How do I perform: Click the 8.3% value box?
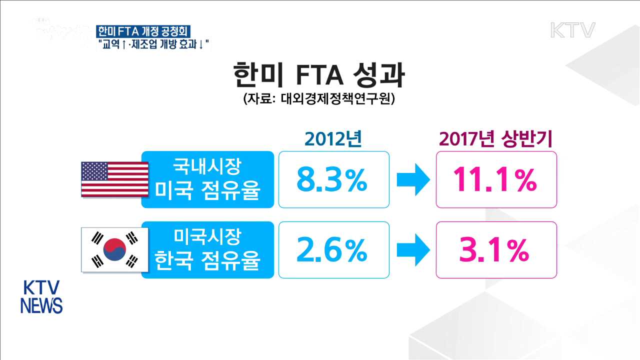tap(333, 179)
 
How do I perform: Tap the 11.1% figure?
tap(496, 179)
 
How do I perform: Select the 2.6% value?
tap(333, 250)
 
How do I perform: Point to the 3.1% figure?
tap(496, 250)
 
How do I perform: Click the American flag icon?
tap(115, 179)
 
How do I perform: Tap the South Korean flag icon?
tap(115, 249)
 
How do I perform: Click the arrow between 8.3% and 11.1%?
tap(412, 179)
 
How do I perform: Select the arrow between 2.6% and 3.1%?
tap(412, 250)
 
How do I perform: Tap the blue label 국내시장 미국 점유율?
tap(207, 179)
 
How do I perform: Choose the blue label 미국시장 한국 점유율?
tap(207, 250)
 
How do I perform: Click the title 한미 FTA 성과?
tap(319, 76)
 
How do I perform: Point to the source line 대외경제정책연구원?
tap(319, 98)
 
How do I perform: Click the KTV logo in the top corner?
tap(572, 30)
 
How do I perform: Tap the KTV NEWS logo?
tap(41, 297)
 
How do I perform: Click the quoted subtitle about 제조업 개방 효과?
tap(153, 44)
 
